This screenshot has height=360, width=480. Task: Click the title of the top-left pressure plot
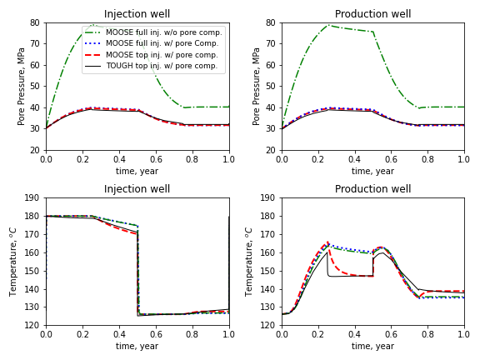(x=137, y=14)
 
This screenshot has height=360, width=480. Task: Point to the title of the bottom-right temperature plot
(x=372, y=189)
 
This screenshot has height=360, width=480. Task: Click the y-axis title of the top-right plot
(x=256, y=87)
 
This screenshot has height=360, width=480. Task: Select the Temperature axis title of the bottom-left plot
(x=13, y=262)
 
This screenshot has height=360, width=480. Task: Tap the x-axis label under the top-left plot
(x=137, y=171)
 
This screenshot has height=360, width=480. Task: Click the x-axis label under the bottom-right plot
(x=372, y=346)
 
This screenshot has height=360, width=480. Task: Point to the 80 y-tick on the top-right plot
(x=271, y=22)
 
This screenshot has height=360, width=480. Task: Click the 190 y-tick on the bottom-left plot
(x=32, y=197)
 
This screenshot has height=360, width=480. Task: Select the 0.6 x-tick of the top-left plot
(x=156, y=159)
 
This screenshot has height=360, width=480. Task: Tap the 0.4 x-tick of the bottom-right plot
(x=354, y=334)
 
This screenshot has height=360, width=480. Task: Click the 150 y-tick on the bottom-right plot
(x=267, y=271)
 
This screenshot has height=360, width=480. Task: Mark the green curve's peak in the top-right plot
(x=328, y=25)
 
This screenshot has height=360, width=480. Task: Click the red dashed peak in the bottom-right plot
(x=327, y=242)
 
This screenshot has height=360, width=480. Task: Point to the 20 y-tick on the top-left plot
(x=35, y=150)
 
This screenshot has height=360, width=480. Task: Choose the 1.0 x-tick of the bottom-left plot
(x=229, y=334)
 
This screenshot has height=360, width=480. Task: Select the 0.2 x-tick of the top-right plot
(x=318, y=159)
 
